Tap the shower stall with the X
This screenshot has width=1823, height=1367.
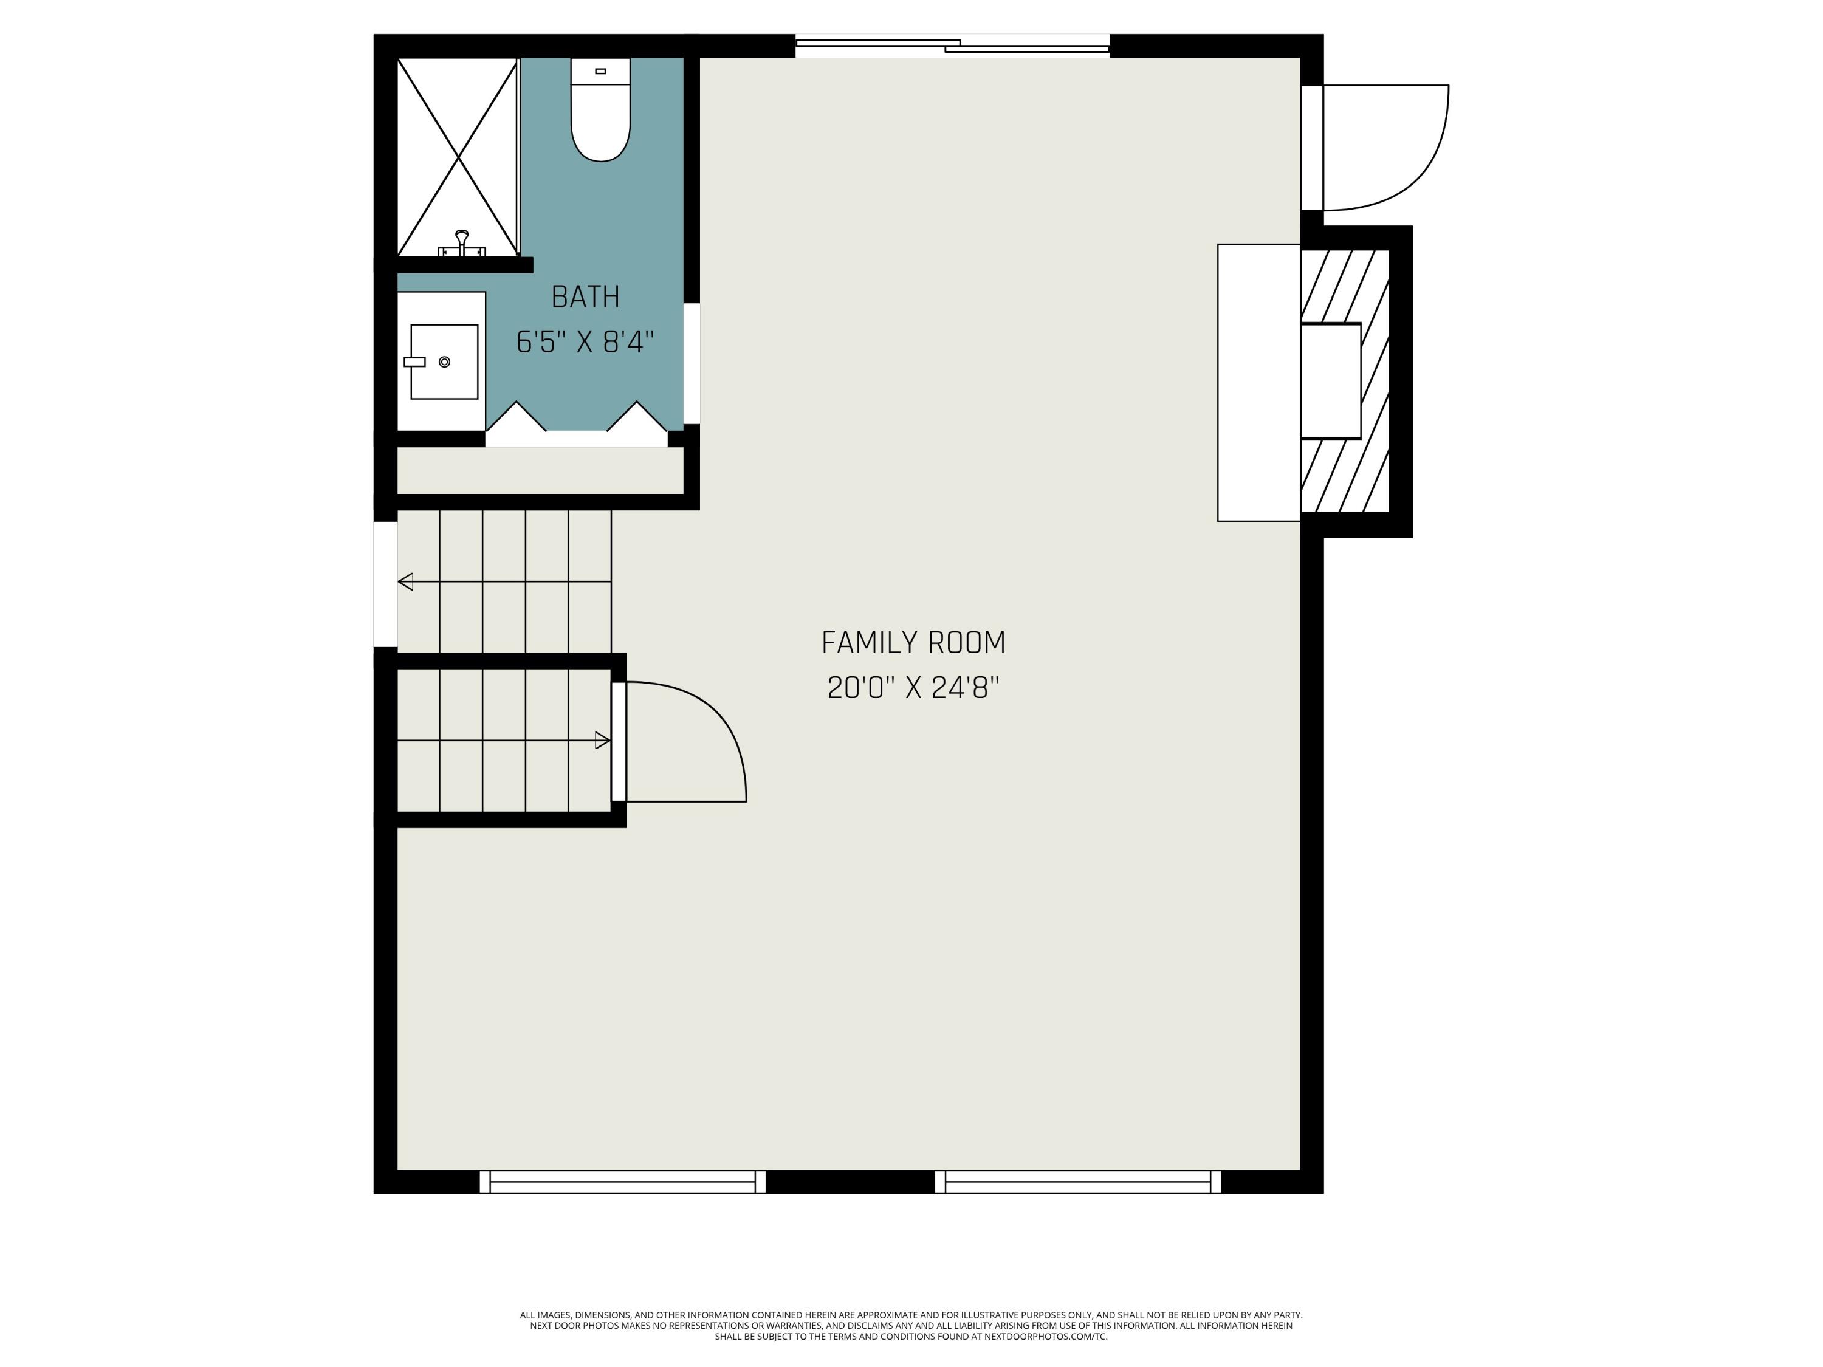pyautogui.click(x=458, y=157)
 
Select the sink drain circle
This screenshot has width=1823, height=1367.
pyautogui.click(x=445, y=361)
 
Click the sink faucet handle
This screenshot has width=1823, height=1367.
pyautogui.click(x=414, y=361)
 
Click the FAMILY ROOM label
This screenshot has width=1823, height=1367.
pyautogui.click(x=913, y=643)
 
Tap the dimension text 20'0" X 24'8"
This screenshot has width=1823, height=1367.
pyautogui.click(x=913, y=687)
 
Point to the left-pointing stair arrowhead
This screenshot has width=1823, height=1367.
pyautogui.click(x=405, y=582)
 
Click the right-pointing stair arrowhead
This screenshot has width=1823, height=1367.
pyautogui.click(x=602, y=741)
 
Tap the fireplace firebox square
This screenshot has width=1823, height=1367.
pyautogui.click(x=1330, y=381)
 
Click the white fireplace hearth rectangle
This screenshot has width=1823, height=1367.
pyautogui.click(x=1258, y=382)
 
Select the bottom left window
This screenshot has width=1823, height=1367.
pyautogui.click(x=622, y=1182)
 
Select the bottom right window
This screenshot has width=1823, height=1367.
pyautogui.click(x=1078, y=1182)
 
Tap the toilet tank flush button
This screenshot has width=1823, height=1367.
pyautogui.click(x=601, y=72)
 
